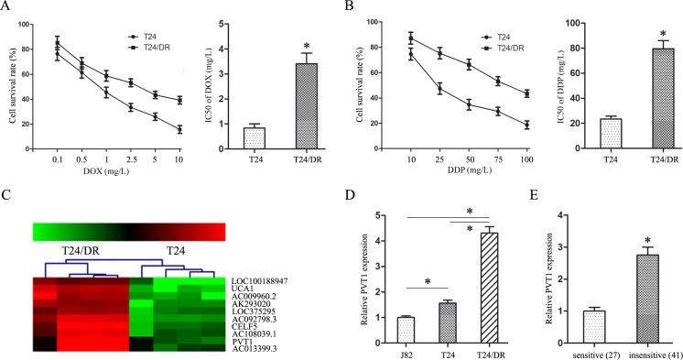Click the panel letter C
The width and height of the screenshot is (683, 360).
[x=6, y=195]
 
